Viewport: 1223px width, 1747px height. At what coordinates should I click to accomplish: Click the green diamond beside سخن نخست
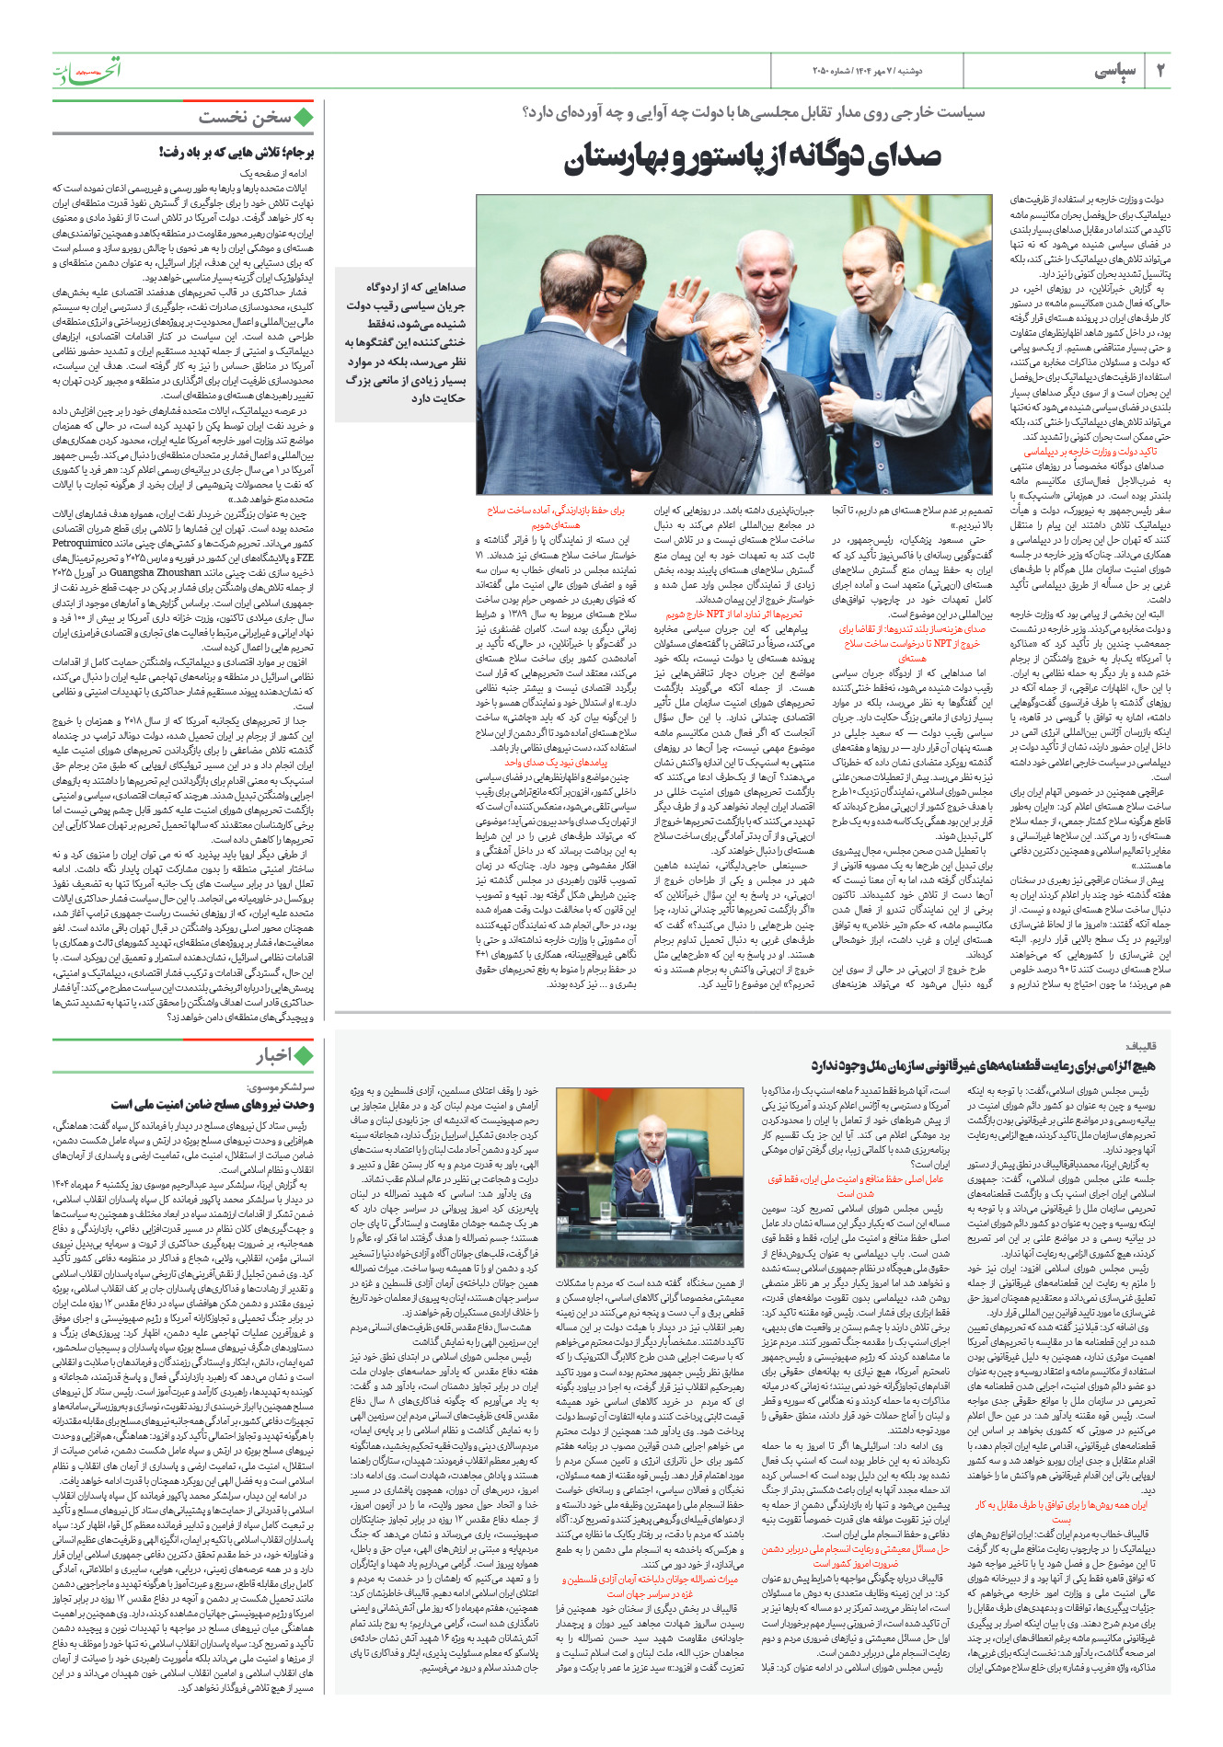click(303, 118)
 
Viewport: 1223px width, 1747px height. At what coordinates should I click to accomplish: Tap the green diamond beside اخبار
click(303, 1056)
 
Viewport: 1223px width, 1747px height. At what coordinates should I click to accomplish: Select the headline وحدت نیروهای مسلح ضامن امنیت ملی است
click(213, 1104)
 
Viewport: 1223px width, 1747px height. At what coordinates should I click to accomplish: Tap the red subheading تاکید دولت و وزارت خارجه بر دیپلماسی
click(1090, 452)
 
